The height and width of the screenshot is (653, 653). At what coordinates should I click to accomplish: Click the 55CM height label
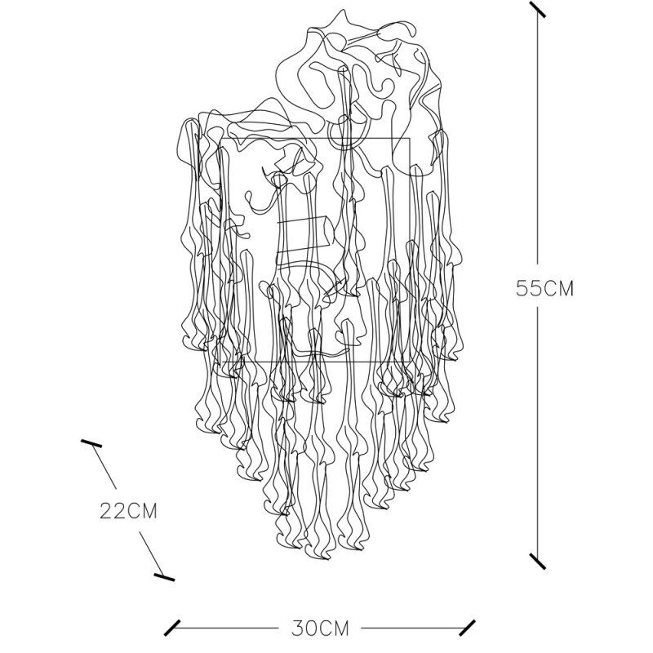tap(544, 288)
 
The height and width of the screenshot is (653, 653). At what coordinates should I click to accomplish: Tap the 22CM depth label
tap(128, 511)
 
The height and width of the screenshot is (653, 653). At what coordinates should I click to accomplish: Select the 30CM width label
tap(320, 629)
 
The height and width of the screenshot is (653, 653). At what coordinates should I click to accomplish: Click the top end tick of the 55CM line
tap(537, 9)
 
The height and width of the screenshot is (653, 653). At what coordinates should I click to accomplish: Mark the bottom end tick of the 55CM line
tap(537, 561)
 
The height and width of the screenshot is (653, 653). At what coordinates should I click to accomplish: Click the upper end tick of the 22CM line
tap(91, 443)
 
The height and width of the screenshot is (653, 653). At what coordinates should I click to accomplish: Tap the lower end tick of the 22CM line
tap(164, 576)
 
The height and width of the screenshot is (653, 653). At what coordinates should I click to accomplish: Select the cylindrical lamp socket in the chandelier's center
tap(305, 235)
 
